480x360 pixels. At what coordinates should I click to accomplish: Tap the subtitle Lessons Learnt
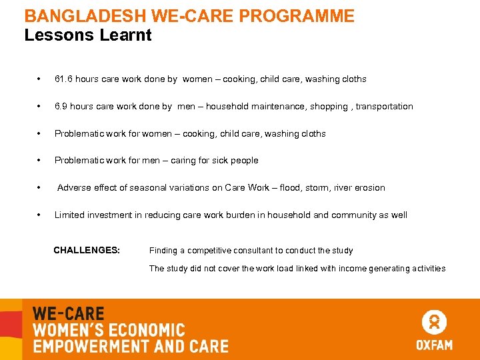[x=88, y=35]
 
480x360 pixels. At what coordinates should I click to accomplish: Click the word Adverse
[x=74, y=188]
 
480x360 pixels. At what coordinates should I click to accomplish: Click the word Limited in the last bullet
[x=70, y=215]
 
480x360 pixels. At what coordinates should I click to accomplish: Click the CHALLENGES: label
[x=87, y=251]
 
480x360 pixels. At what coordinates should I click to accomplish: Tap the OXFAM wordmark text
[x=434, y=345]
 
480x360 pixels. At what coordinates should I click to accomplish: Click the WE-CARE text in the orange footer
[x=69, y=314]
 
